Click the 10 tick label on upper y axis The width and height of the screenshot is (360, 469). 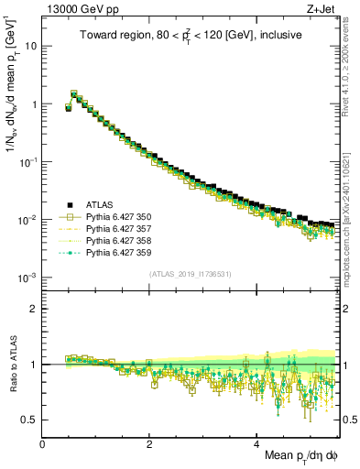32,46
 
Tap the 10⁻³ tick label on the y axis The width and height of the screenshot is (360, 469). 29,278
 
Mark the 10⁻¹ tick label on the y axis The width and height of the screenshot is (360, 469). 29,161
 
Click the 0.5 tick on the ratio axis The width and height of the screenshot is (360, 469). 30,420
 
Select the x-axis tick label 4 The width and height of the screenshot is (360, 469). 257,443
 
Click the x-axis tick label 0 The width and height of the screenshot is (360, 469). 43,443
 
